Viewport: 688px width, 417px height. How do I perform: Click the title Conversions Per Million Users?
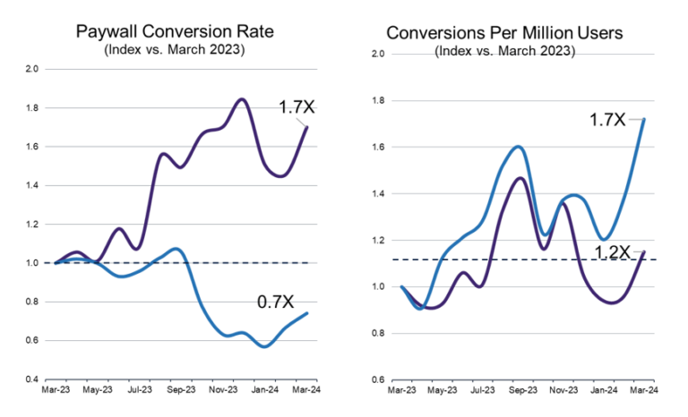tap(504, 32)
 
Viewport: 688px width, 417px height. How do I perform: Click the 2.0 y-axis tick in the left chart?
tap(32, 68)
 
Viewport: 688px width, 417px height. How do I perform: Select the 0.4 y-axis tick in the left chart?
tap(32, 379)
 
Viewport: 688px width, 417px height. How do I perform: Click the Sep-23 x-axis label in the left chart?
tap(183, 390)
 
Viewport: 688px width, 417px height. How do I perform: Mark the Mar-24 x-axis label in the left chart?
tap(306, 390)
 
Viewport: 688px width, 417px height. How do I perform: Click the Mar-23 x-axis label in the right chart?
tap(400, 391)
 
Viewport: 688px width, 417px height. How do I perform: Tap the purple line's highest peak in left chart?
tap(242, 99)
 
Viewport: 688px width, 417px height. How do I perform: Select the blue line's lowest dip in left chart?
tap(264, 346)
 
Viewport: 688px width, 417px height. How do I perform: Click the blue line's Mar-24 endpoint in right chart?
tap(645, 119)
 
